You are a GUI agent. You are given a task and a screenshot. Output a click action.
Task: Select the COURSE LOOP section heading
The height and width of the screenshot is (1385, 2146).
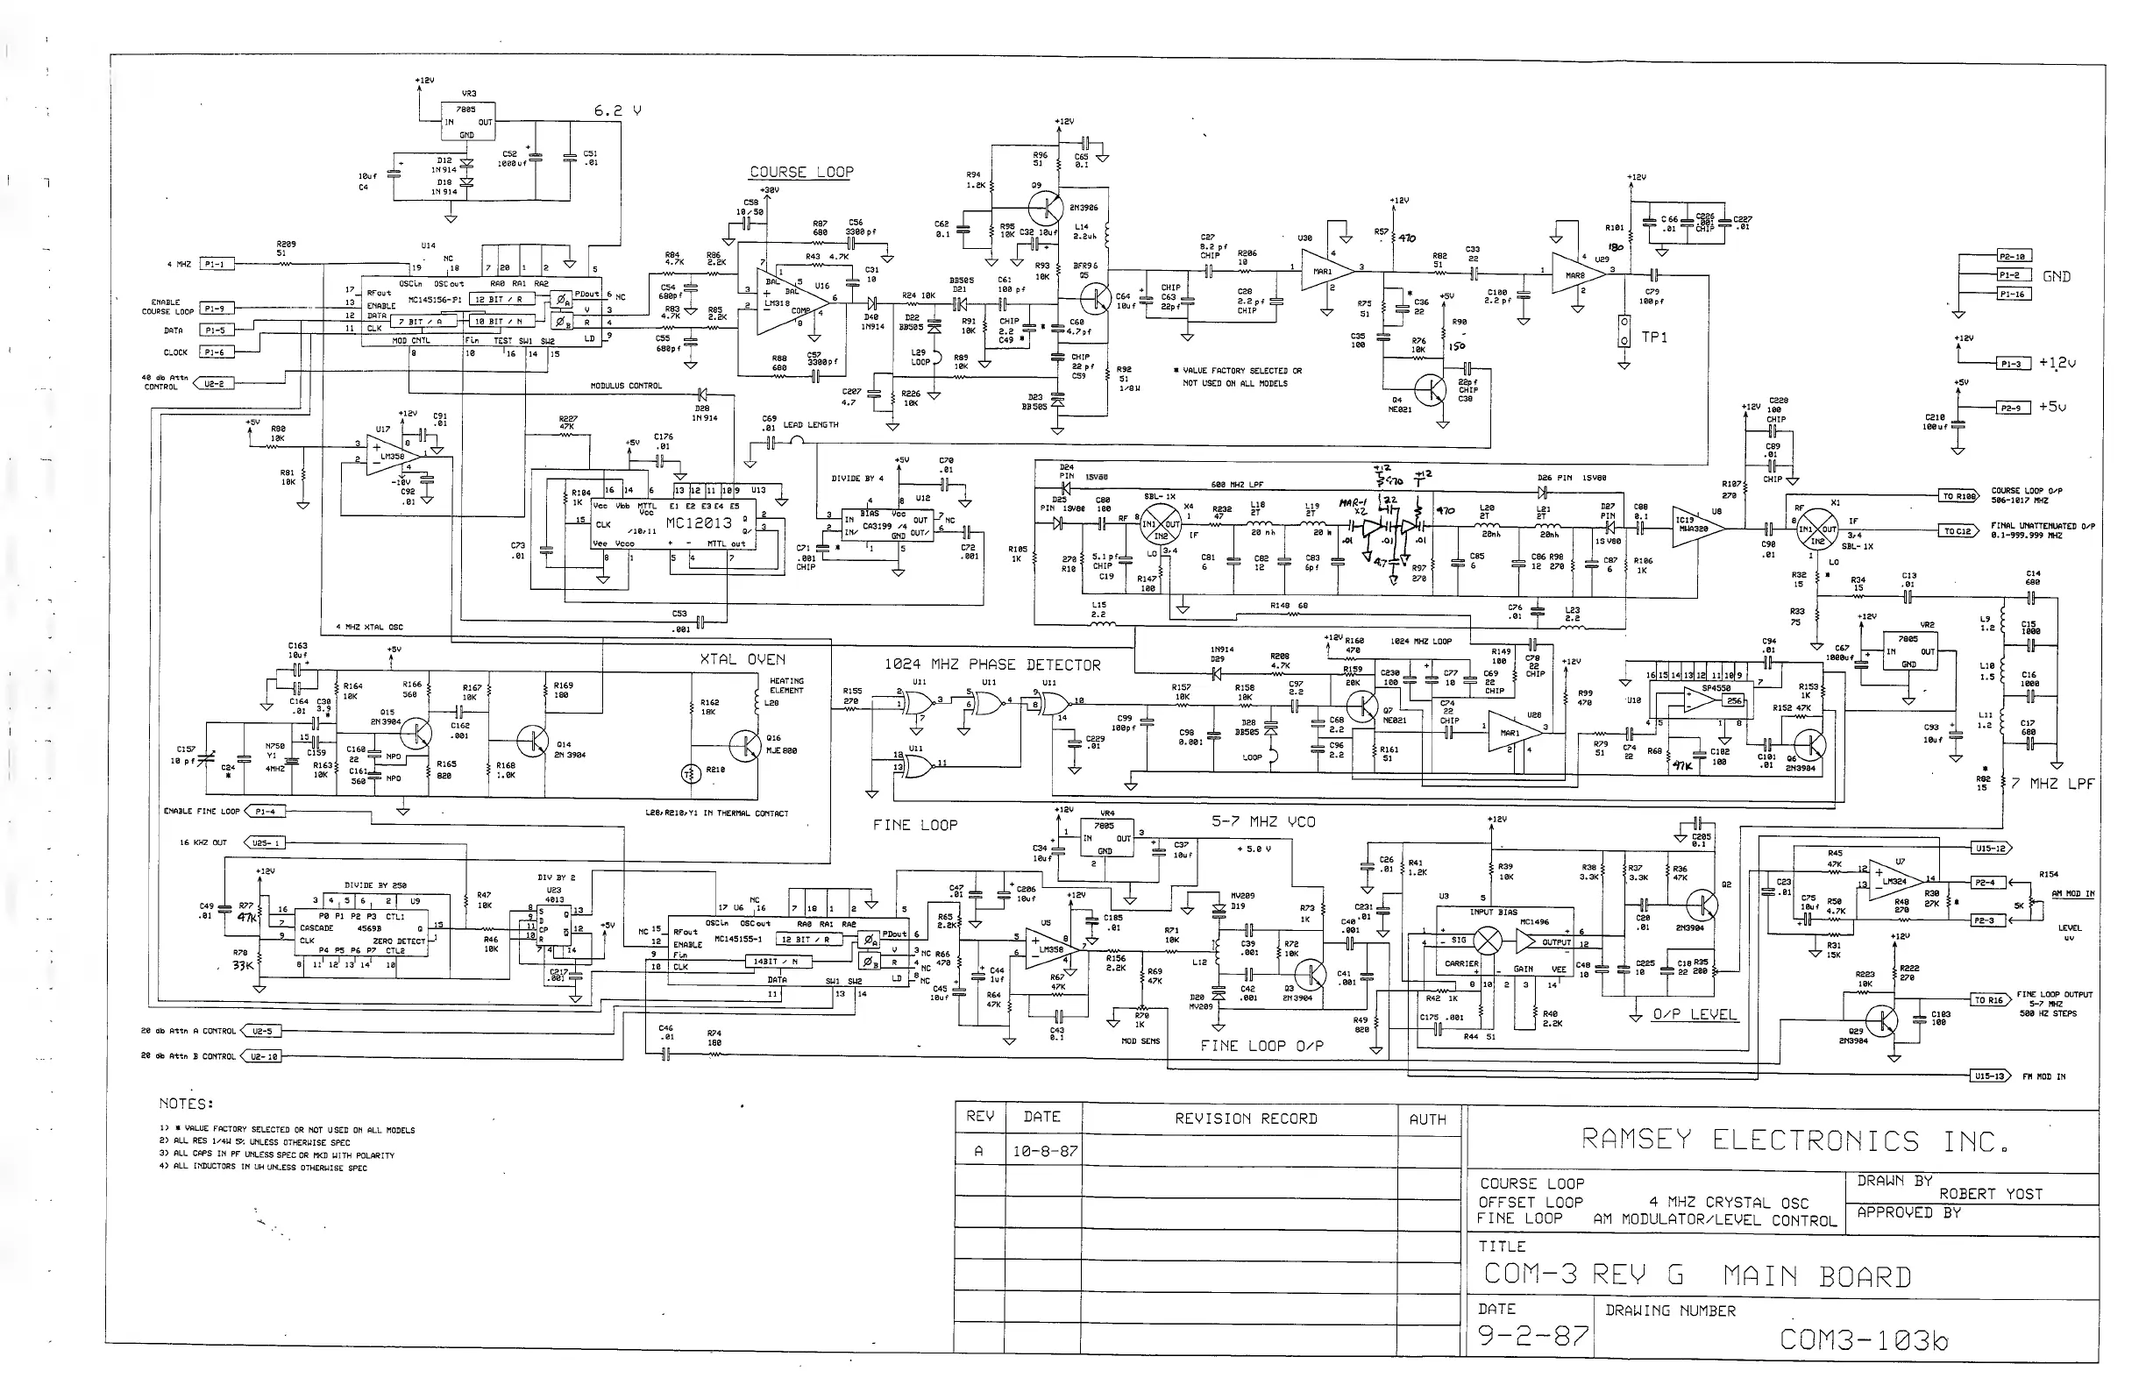click(801, 172)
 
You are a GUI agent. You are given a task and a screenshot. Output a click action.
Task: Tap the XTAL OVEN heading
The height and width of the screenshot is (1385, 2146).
click(742, 659)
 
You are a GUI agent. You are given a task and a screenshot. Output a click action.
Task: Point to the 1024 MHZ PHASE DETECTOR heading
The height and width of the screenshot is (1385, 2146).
click(992, 664)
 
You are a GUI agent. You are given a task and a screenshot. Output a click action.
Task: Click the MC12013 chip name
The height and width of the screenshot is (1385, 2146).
click(699, 522)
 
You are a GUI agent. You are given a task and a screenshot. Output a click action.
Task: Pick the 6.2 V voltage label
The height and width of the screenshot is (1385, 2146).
click(618, 110)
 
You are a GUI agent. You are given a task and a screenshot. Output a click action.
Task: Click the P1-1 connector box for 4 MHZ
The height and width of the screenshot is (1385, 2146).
click(216, 265)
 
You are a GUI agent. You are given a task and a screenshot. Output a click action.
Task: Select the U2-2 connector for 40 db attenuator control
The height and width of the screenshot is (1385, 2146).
click(212, 383)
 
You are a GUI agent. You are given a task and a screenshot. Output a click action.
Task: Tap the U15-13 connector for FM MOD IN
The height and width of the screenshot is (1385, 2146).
click(1987, 1076)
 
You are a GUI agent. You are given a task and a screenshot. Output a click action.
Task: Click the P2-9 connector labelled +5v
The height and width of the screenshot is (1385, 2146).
click(2013, 408)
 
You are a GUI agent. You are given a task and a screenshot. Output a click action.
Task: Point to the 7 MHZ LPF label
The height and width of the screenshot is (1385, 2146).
click(2052, 784)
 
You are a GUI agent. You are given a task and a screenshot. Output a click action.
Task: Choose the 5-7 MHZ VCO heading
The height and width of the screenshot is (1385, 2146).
click(1262, 821)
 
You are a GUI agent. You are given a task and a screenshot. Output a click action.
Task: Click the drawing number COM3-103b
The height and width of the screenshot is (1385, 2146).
click(1863, 1340)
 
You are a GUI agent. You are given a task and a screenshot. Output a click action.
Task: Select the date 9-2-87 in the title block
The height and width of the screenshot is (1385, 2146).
click(1532, 1337)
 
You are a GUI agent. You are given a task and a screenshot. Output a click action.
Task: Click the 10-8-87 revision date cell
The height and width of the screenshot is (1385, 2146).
click(1044, 1151)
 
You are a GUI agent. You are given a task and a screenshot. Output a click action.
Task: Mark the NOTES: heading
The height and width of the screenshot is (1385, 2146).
click(186, 1104)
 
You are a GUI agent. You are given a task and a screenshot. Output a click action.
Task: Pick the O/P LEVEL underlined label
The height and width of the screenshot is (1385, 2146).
click(1695, 1014)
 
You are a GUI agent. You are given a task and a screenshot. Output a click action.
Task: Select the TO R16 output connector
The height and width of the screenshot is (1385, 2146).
click(1987, 1000)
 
